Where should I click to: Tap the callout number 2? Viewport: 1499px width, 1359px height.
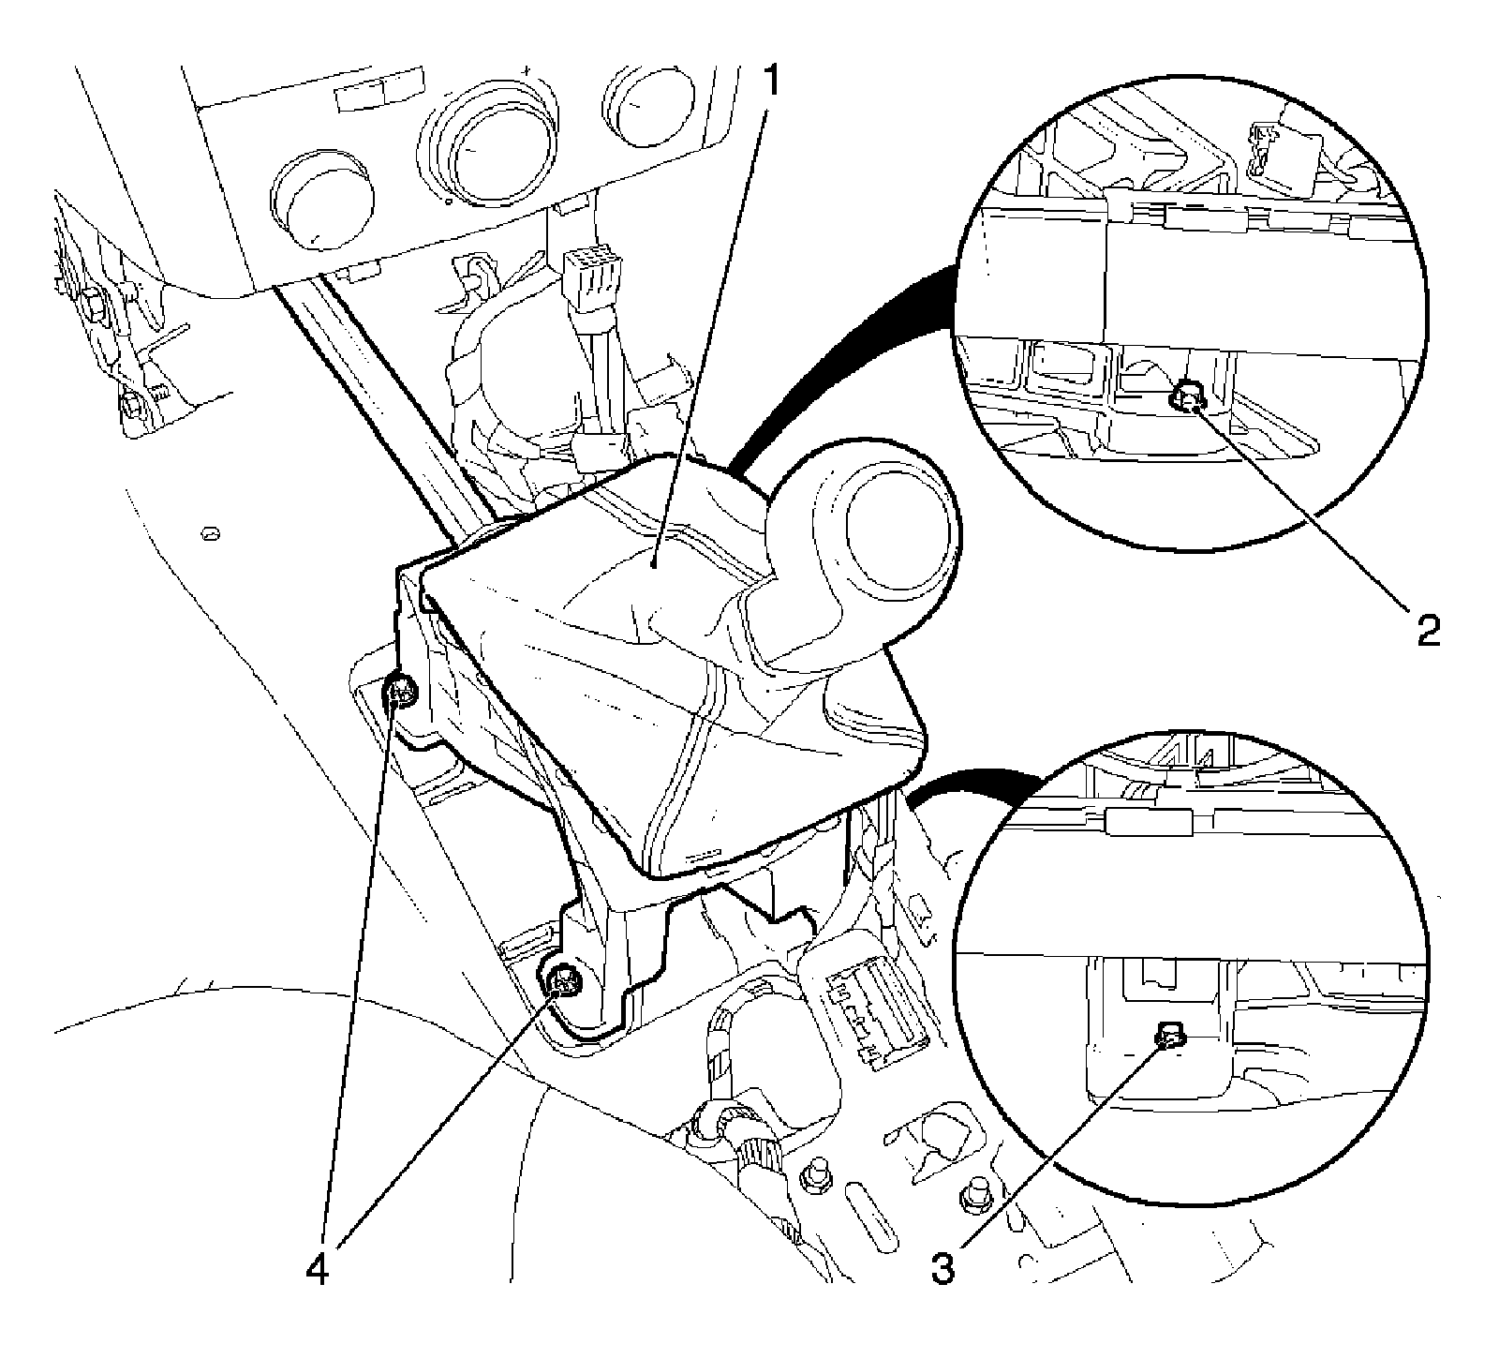(x=1426, y=630)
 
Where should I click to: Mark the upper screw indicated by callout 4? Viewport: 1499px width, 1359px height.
(x=404, y=694)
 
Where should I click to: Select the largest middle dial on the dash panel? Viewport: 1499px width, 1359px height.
(x=481, y=147)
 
